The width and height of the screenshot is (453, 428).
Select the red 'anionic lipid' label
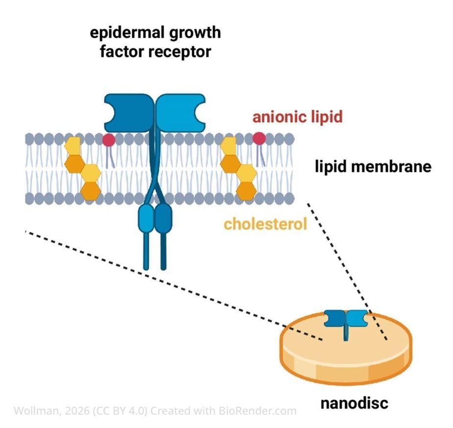297,117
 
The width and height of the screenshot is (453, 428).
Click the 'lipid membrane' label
373,166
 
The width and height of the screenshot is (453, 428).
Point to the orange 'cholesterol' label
265,224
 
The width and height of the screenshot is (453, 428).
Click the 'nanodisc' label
354,404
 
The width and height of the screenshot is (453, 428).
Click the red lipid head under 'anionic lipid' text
259,139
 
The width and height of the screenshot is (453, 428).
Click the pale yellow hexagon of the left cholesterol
72,145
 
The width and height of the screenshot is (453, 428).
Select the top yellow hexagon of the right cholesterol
228,145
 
